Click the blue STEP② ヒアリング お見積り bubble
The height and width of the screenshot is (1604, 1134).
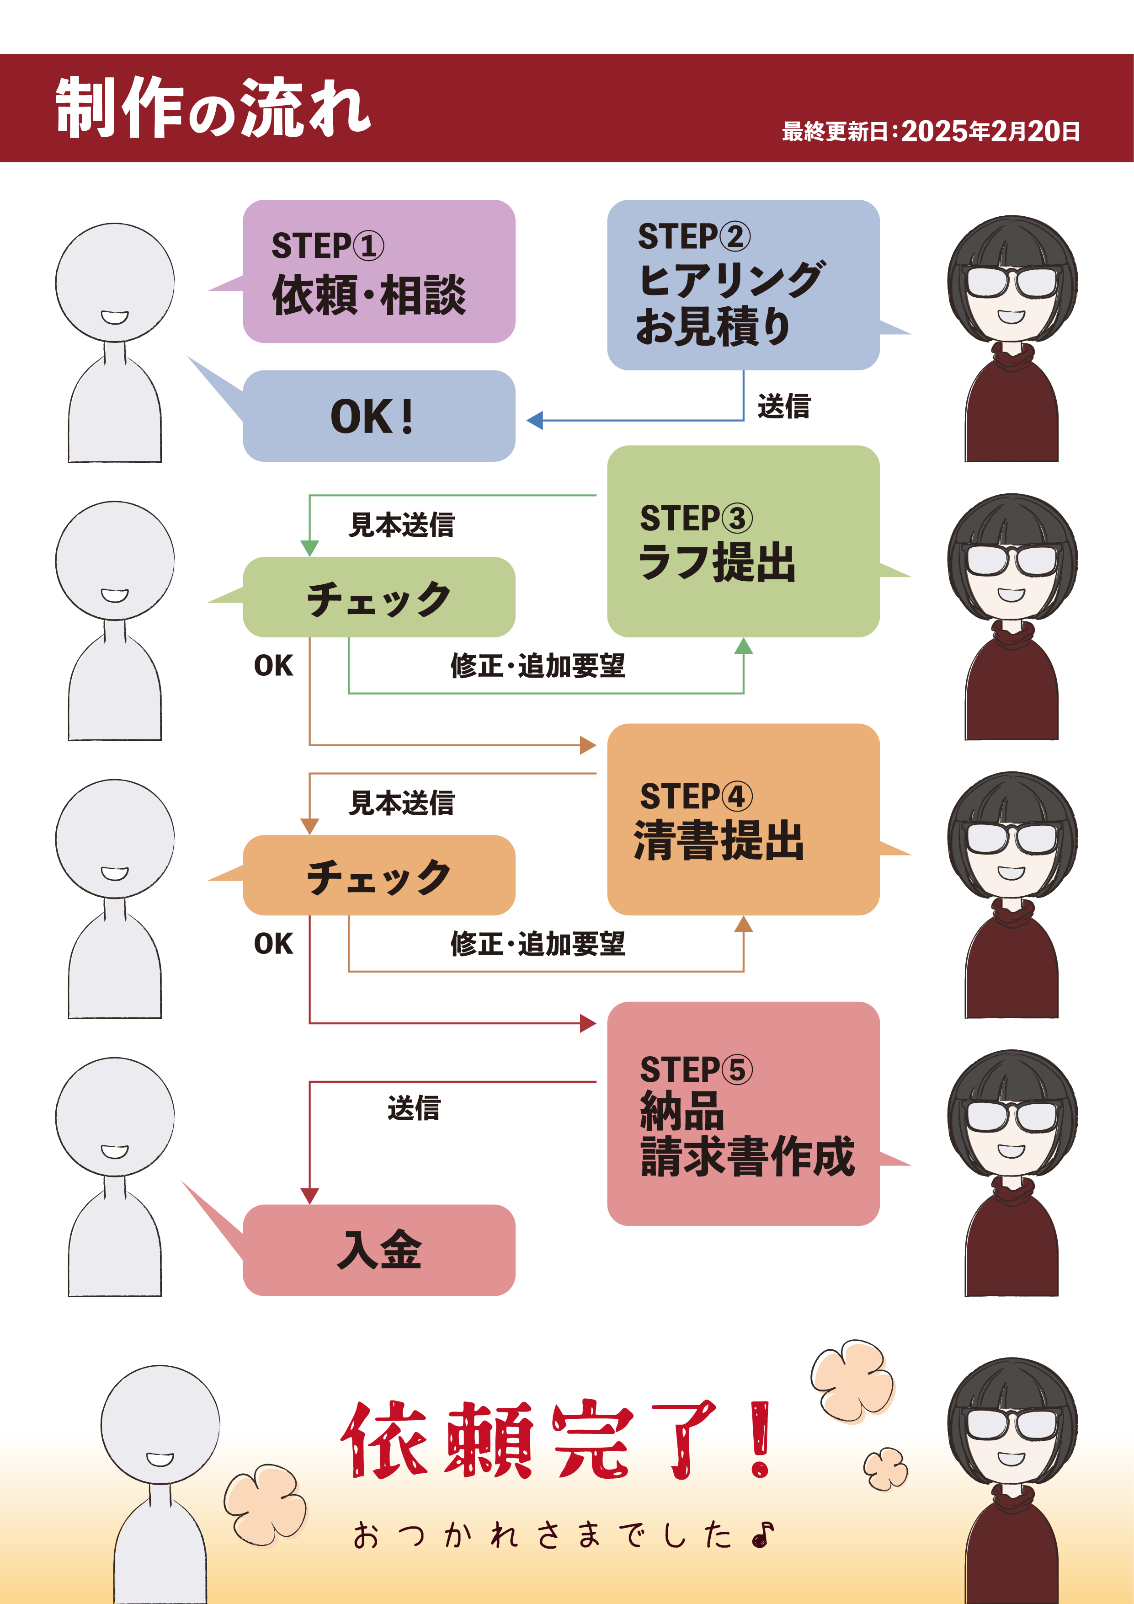point(742,284)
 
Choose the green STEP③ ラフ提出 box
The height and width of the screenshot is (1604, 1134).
point(742,541)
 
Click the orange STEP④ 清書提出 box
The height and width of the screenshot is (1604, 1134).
point(742,819)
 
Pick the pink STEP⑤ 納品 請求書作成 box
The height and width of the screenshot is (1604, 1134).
point(742,1113)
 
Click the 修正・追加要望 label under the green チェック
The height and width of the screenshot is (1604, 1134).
point(537,666)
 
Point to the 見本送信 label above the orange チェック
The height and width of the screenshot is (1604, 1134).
point(401,803)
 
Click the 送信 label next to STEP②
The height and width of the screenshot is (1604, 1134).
point(783,406)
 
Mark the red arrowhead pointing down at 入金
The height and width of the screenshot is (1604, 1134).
point(309,1195)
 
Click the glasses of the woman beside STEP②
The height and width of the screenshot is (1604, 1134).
point(1012,282)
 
